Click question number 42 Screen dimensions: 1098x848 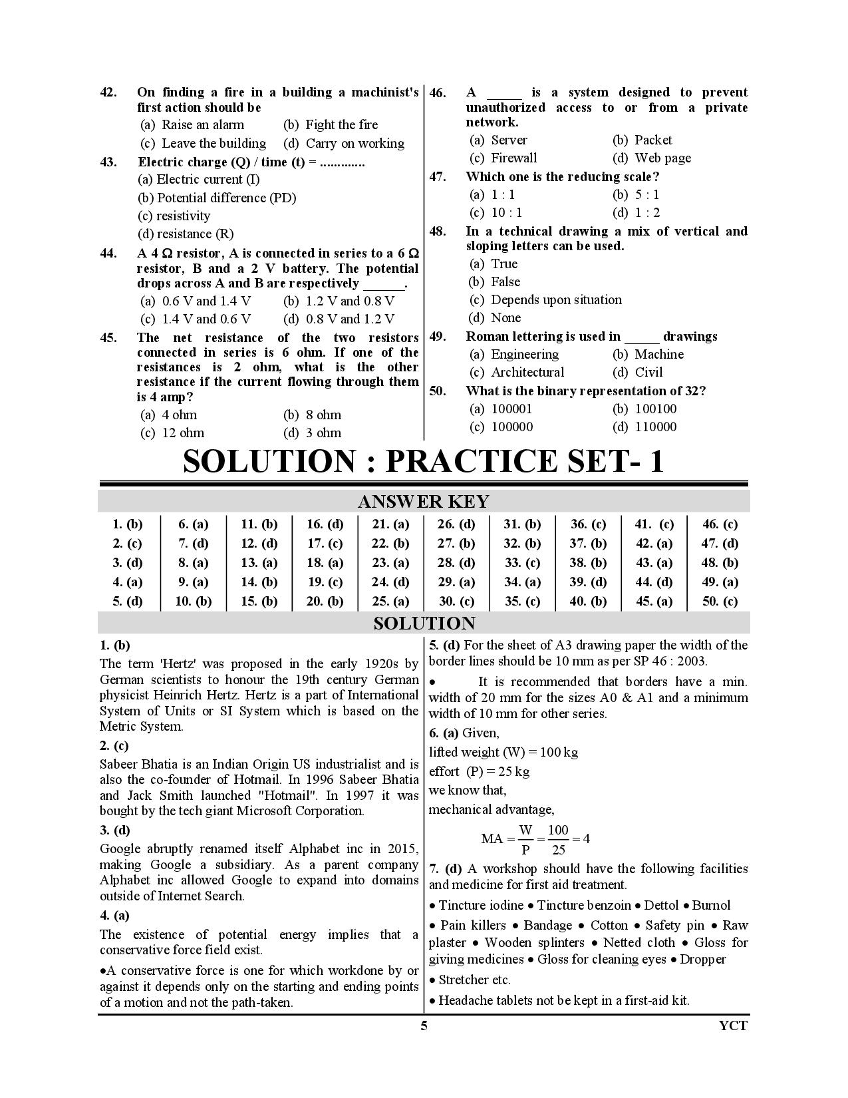coord(108,92)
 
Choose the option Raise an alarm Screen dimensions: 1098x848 coord(193,125)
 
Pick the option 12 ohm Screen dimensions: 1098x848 coord(173,433)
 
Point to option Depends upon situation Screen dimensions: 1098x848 coord(546,300)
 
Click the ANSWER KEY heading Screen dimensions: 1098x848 coord(424,502)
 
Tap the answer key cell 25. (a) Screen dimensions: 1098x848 coord(390,602)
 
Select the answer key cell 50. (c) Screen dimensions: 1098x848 coord(720,602)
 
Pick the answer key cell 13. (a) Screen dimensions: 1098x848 coord(259,563)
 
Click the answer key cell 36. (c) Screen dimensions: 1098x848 coord(588,524)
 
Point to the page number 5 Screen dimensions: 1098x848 coord(424,1025)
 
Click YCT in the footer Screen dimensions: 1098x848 coord(733,1025)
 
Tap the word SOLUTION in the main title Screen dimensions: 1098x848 coord(269,462)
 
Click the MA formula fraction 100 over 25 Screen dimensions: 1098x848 coord(558,839)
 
